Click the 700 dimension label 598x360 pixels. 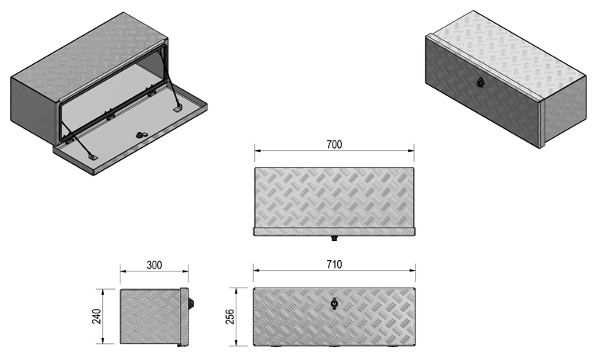333,144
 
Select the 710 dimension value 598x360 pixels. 333,264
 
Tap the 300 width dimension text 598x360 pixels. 154,265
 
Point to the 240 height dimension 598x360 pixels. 97,316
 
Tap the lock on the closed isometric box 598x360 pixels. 481,83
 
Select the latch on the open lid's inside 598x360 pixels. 141,135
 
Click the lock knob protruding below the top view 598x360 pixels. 335,239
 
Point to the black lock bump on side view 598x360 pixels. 192,304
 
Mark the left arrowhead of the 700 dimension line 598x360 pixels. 257,151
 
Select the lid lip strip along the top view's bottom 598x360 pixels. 335,231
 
